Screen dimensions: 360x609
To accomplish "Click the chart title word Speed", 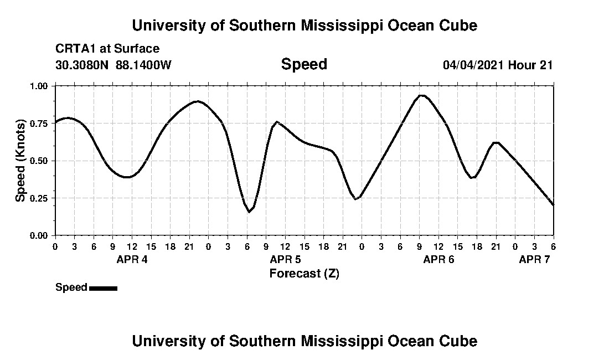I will [x=304, y=64].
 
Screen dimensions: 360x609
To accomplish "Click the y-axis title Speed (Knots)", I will [x=20, y=160].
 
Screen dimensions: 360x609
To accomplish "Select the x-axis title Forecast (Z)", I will [x=304, y=273].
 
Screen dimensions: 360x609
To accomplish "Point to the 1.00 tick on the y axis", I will [x=39, y=86].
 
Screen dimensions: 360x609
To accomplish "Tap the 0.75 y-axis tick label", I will [x=39, y=124].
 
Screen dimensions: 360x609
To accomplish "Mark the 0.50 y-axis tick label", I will [x=39, y=161].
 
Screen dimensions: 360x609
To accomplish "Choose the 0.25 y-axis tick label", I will [x=39, y=198].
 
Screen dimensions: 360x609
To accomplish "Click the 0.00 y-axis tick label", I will [x=39, y=235].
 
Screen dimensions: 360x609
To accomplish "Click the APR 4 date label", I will [x=132, y=260].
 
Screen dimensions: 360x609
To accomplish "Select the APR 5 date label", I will [x=285, y=260].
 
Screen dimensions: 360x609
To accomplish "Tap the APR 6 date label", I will [x=438, y=260].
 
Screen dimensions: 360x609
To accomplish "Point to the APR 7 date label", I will [x=534, y=260].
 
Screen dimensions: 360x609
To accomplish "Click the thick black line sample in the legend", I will [x=103, y=288].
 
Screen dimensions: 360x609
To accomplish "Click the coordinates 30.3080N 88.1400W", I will [x=113, y=65].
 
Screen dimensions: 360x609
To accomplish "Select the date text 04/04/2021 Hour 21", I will [x=498, y=65].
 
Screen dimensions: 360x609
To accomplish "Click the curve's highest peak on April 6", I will [x=421, y=95].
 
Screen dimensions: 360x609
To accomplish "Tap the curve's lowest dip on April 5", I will [x=249, y=212].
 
